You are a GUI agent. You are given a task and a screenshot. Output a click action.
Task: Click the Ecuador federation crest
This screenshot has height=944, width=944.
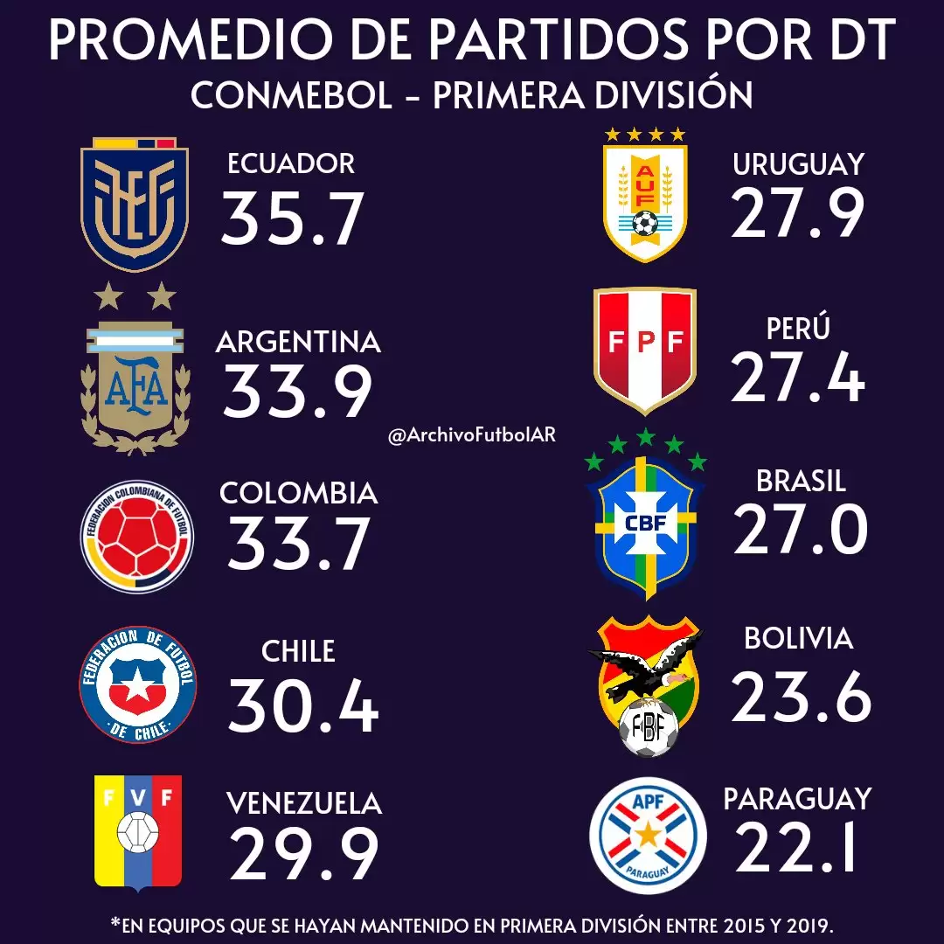pos(134,204)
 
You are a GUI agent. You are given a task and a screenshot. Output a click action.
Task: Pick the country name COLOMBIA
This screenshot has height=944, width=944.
pos(298,493)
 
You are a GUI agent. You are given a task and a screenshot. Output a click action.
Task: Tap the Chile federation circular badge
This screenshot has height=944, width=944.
pos(137,684)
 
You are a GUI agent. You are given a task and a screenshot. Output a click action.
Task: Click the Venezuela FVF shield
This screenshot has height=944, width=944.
pos(138,831)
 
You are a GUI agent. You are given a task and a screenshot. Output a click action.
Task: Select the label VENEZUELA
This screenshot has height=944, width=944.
pos(304,802)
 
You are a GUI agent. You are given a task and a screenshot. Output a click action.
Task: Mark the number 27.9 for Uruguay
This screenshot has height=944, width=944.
pos(798,213)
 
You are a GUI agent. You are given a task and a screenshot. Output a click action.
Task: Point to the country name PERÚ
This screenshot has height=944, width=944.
pos(796,329)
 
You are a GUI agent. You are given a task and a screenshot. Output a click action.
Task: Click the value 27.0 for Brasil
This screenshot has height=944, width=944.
pos(801,531)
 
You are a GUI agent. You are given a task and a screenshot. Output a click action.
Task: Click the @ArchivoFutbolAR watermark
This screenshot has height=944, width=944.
pos(472,434)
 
